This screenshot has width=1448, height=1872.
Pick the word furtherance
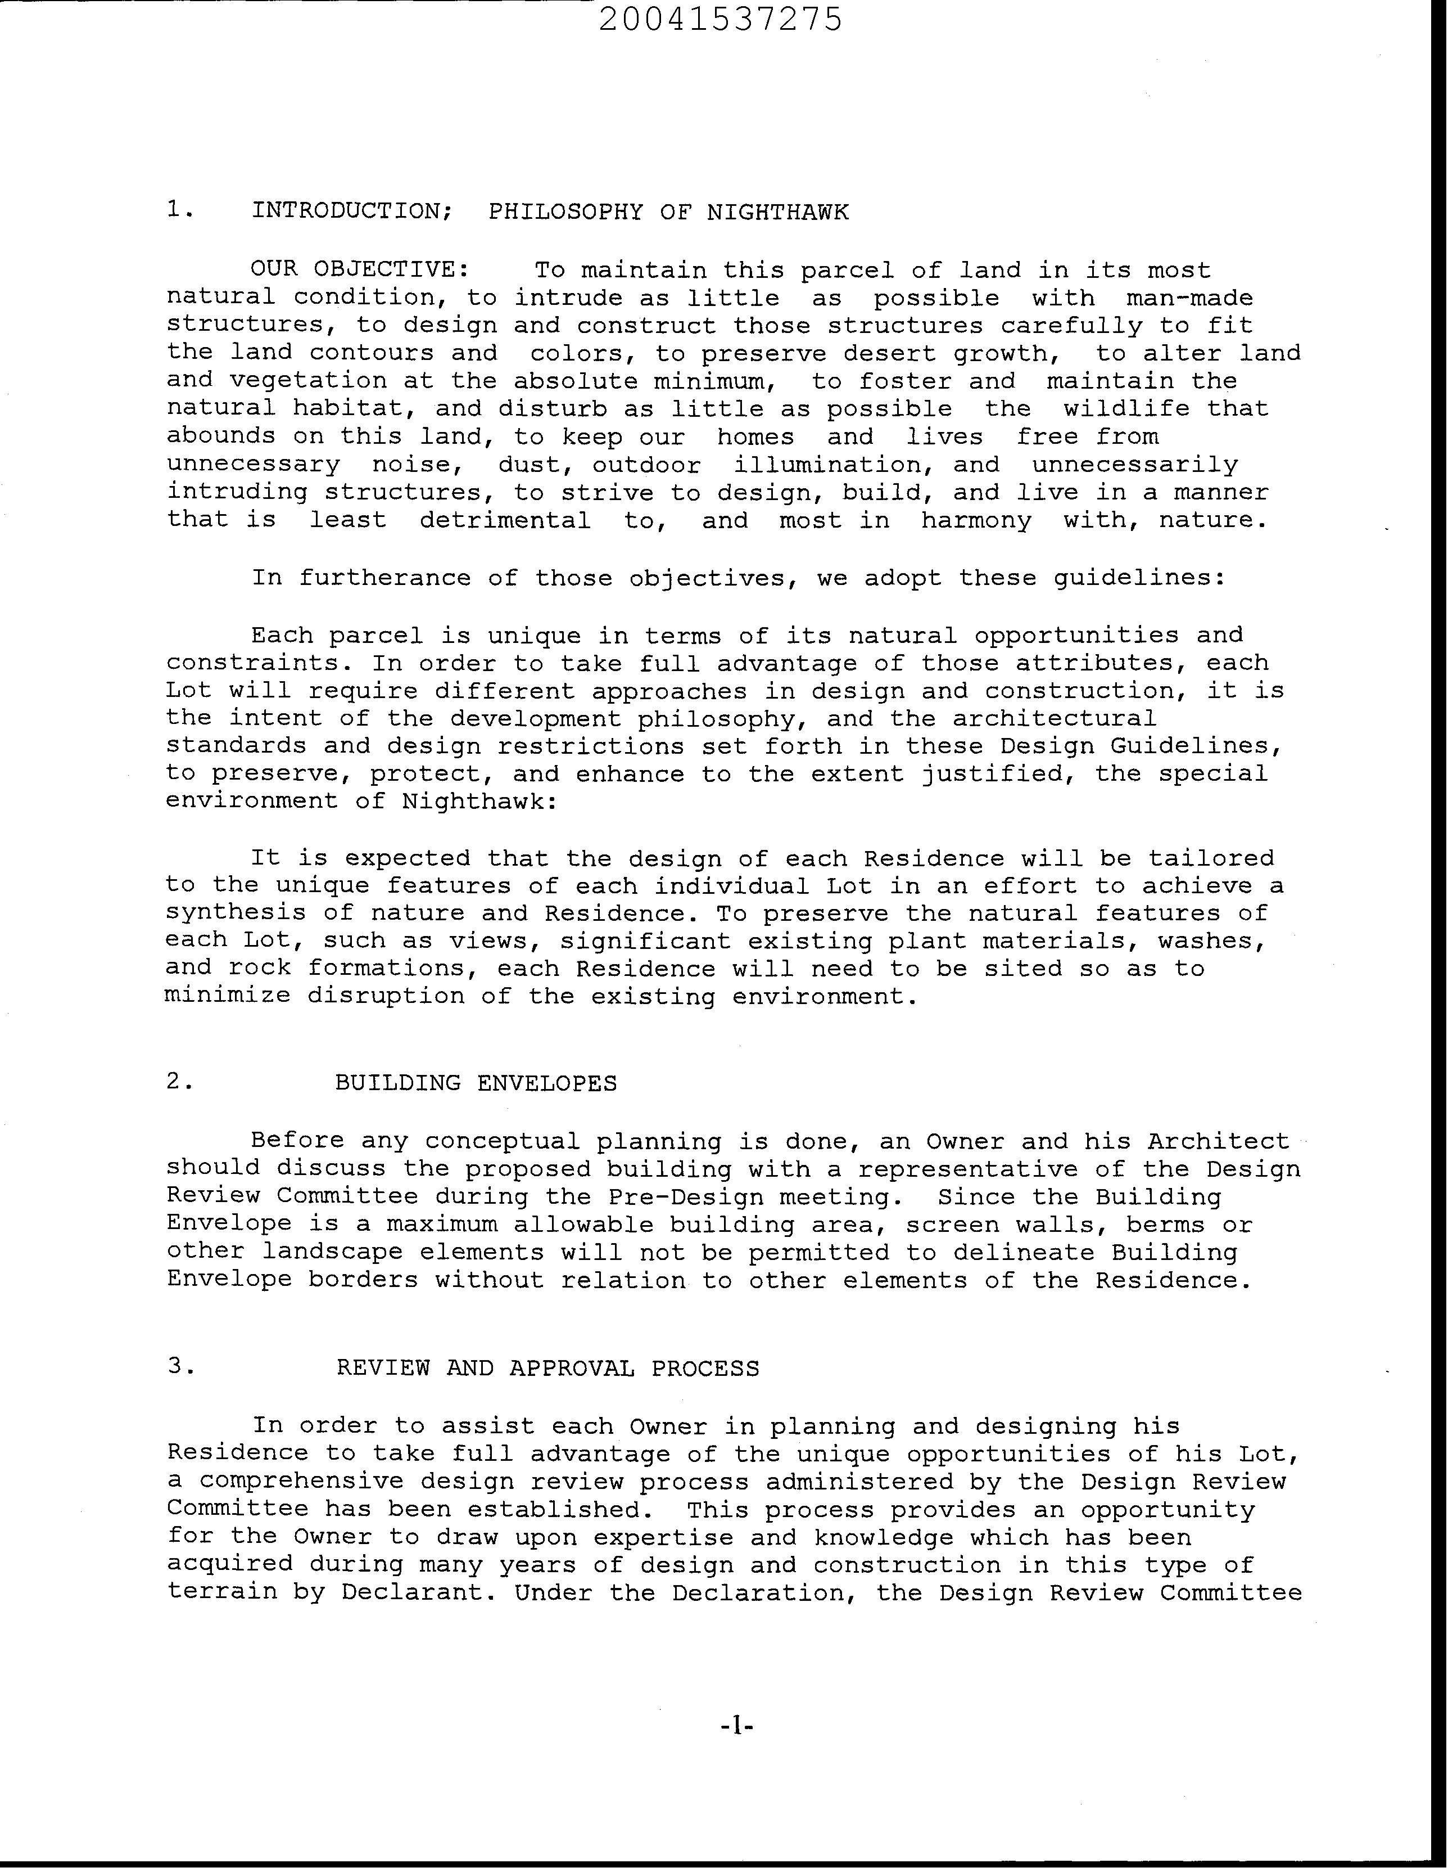384,578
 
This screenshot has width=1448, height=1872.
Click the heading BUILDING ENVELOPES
476,1083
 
